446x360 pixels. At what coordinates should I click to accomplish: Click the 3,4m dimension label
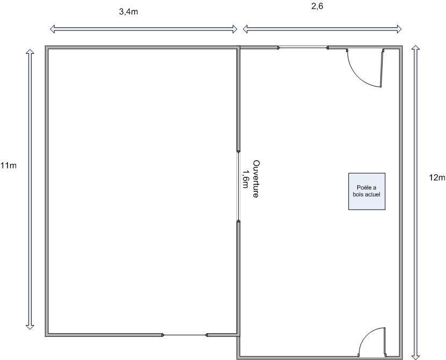tap(128, 12)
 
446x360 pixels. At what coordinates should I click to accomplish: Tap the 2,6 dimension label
tap(317, 6)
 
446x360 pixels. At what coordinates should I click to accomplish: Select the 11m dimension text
tap(9, 165)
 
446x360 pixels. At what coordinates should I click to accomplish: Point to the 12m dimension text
tap(437, 178)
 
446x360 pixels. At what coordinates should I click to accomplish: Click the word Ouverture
tap(256, 179)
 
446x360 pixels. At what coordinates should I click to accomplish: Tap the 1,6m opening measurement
tap(244, 179)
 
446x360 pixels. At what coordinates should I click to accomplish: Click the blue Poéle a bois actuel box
tap(367, 191)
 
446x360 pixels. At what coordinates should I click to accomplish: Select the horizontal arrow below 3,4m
tap(143, 28)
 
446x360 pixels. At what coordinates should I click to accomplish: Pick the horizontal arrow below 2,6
tap(322, 28)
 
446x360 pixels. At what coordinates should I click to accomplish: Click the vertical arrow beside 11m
tap(30, 189)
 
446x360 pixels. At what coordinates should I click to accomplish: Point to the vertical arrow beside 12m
tap(415, 202)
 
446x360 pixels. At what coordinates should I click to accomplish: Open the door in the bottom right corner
tap(372, 342)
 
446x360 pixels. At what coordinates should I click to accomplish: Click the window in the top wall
tap(303, 48)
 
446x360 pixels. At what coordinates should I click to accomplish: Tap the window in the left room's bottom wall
tap(185, 335)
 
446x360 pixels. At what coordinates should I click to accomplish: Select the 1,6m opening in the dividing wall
tap(239, 186)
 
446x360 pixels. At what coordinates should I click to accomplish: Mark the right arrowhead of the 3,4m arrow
tap(235, 28)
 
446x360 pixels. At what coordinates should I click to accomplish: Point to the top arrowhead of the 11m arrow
tap(30, 51)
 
